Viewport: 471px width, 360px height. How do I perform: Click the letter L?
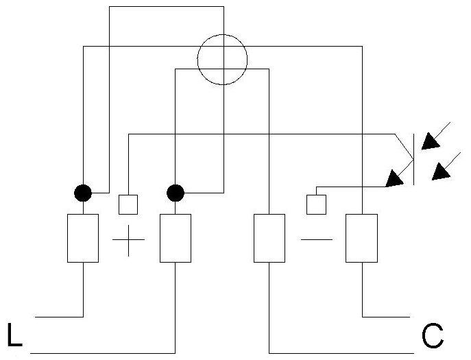point(14,335)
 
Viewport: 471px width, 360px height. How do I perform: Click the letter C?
point(433,335)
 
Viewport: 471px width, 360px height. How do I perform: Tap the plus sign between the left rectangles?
point(129,240)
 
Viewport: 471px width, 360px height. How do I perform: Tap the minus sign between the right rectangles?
point(317,239)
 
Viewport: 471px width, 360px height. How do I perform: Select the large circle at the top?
point(197,60)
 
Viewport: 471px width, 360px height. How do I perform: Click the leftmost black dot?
point(83,193)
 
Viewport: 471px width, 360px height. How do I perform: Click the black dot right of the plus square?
point(176,193)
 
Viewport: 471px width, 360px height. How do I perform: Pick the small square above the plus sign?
point(128,204)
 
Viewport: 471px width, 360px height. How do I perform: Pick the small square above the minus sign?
point(316,204)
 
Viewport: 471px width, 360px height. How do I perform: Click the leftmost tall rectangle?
point(83,239)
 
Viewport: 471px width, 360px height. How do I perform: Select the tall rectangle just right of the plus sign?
point(176,239)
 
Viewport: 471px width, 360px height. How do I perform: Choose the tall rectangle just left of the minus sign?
point(269,239)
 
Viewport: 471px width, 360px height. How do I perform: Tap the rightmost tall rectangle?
point(362,239)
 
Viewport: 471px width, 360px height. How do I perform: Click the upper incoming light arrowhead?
point(430,142)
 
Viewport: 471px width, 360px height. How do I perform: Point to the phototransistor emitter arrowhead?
point(394,179)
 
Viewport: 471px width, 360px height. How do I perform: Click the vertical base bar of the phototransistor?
point(414,159)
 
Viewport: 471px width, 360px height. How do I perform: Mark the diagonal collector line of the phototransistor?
point(404,147)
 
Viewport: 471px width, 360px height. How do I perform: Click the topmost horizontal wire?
point(167,7)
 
